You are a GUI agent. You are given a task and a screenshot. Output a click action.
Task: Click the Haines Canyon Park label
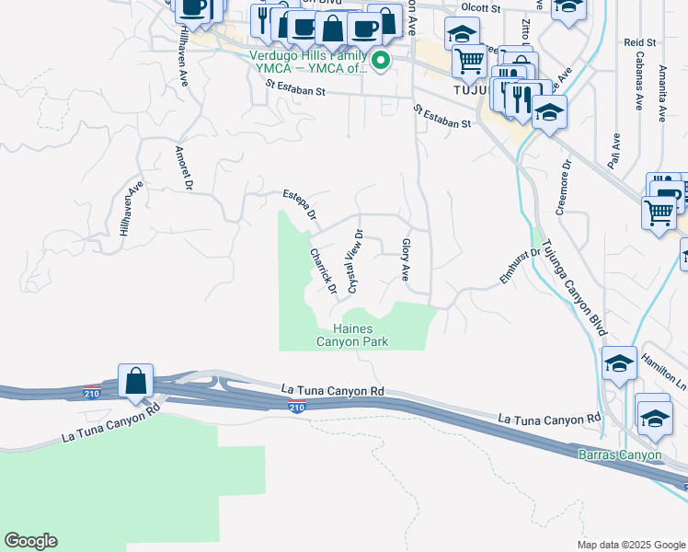click(x=352, y=335)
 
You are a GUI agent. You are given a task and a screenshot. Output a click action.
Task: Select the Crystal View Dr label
click(x=354, y=262)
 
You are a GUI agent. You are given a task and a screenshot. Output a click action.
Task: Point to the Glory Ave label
click(x=405, y=259)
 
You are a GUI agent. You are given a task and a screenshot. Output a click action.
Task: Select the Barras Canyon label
click(x=619, y=455)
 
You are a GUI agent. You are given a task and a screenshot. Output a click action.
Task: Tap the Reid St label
click(x=638, y=42)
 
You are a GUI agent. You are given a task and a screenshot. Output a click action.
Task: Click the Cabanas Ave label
click(x=636, y=87)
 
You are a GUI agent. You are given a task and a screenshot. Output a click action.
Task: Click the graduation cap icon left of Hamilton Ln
click(x=620, y=363)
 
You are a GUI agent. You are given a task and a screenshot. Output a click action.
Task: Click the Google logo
click(x=30, y=541)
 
